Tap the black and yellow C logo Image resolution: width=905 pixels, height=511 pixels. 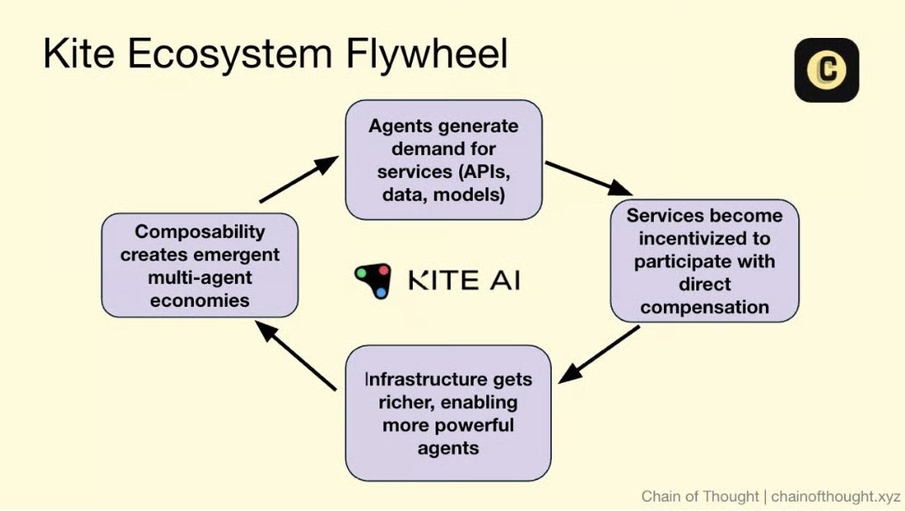pos(826,70)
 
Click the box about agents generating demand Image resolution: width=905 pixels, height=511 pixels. pos(443,159)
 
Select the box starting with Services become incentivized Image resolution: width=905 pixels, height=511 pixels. pos(704,261)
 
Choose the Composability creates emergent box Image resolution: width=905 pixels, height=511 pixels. pos(200,265)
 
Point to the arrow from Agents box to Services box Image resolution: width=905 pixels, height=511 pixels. pos(588,178)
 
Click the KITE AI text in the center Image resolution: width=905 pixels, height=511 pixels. pos(463,280)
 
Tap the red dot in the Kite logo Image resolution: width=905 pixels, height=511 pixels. pos(383,272)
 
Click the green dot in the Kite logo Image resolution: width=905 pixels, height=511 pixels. pos(361,273)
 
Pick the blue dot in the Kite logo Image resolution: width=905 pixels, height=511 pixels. pos(381,292)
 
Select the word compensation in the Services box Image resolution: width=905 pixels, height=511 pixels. pos(704,306)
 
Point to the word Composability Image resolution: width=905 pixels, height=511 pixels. pos(200,232)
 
